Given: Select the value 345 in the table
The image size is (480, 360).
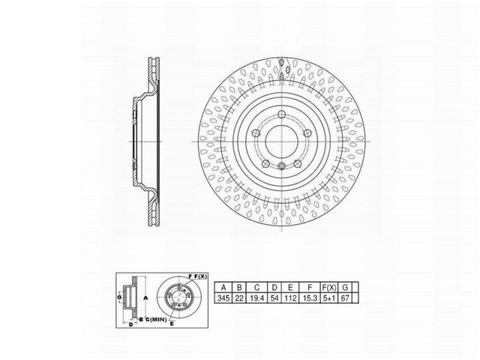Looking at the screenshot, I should (x=223, y=298).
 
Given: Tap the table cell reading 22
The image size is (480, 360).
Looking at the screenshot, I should (x=239, y=298).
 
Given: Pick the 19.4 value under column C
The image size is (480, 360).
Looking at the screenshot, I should (x=258, y=298).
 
